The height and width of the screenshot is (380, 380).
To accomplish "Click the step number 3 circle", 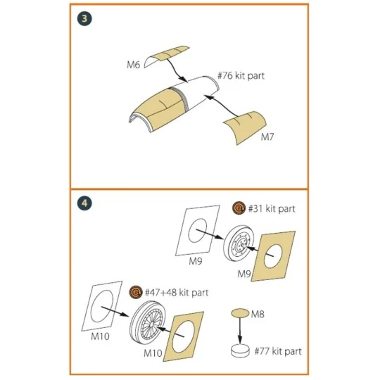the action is click(84, 19).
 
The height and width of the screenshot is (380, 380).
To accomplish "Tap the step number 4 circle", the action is click(84, 203).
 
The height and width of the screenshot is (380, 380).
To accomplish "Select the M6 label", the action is click(133, 65).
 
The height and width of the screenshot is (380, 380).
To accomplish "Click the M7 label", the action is click(267, 137).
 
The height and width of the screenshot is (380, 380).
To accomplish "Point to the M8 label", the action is click(258, 315).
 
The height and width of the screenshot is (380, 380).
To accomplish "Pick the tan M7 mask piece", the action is click(245, 127).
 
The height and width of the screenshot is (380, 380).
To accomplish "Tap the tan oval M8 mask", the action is click(240, 313).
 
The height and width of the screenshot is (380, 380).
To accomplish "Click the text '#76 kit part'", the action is click(241, 75).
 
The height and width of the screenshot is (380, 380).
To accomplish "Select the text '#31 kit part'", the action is click(272, 209).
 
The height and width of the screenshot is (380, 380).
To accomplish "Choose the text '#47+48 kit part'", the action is click(177, 293).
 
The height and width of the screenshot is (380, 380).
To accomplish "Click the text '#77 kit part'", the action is click(278, 351).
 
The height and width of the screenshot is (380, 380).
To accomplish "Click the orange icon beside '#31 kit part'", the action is click(239, 208).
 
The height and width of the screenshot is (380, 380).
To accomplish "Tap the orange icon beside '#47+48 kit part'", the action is click(136, 292).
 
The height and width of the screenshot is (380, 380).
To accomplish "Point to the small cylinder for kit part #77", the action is click(240, 350).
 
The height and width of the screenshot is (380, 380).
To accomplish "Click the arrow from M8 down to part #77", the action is click(240, 331).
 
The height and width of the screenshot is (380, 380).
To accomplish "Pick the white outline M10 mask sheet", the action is click(102, 306).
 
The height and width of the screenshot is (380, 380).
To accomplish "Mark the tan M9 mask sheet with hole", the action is click(273, 256).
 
